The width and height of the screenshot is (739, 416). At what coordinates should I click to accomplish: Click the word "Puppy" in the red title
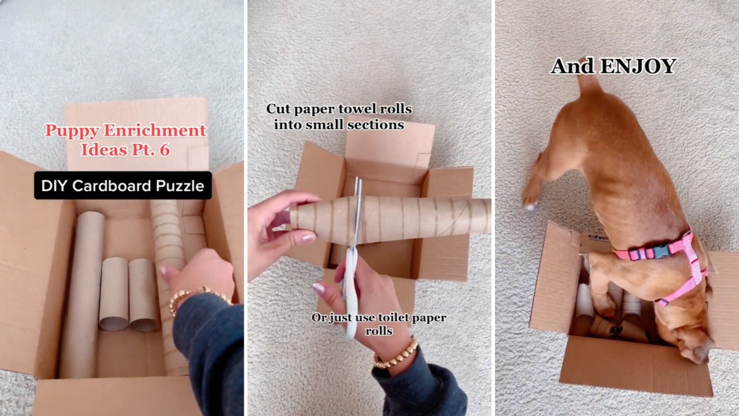(72, 131)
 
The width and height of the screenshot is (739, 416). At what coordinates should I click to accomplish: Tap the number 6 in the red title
(164, 150)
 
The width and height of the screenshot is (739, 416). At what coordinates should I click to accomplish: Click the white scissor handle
(350, 294)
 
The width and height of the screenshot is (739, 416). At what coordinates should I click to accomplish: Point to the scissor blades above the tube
(358, 188)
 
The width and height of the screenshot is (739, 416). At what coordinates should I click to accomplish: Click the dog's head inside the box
(693, 347)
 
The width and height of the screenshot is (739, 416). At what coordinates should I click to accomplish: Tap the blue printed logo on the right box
(598, 238)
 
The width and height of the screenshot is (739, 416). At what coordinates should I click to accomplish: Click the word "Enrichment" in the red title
(155, 131)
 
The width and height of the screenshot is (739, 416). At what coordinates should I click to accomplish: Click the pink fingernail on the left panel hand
(162, 271)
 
